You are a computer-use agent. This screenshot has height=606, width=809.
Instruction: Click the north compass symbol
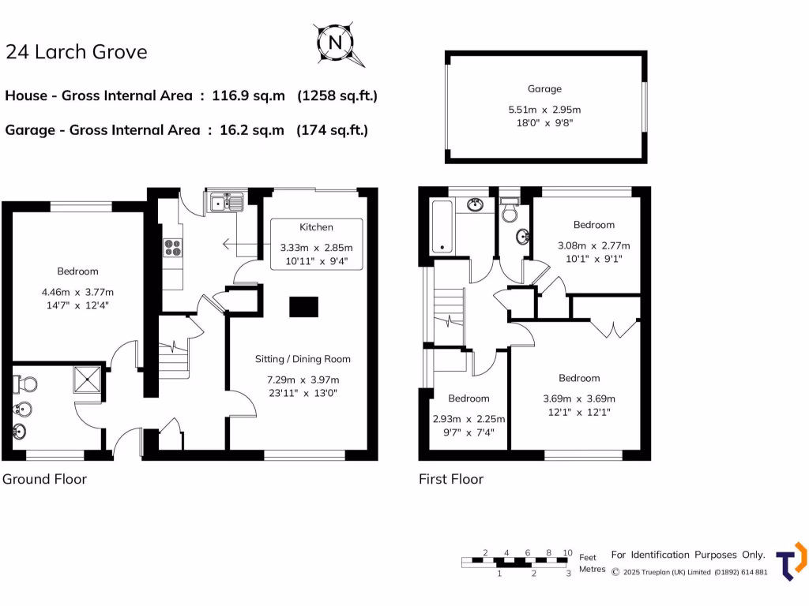[336, 43]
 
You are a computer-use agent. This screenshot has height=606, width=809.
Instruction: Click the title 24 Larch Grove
[76, 52]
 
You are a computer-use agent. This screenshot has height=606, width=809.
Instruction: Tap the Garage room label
[545, 89]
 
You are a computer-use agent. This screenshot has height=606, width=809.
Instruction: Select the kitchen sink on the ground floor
[227, 204]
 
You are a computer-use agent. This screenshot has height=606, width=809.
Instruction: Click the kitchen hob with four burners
[173, 248]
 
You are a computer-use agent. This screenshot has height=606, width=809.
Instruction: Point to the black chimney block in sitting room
[303, 306]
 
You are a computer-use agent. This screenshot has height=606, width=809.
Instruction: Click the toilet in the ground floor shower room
[26, 385]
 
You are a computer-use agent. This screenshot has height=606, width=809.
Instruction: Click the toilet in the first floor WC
[510, 213]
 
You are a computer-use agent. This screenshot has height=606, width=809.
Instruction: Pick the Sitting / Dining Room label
[303, 359]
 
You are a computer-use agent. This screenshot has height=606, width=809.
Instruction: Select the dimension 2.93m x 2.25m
[468, 419]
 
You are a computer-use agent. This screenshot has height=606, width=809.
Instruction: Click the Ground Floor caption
[44, 479]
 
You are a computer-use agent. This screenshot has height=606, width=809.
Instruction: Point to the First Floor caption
[451, 479]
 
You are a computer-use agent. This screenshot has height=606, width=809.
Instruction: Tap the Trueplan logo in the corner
[791, 562]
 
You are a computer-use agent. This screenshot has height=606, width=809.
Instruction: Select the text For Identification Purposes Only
[688, 555]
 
